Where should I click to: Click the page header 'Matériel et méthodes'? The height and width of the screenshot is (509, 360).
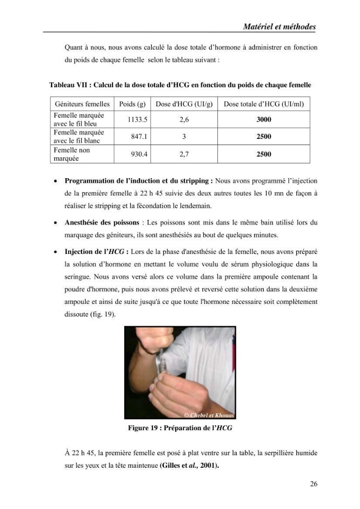[279, 26]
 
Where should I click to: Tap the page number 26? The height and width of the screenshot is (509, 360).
[314, 484]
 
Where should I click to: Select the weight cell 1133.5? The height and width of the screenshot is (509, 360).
[137, 120]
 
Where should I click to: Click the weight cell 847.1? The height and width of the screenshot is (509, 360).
[139, 136]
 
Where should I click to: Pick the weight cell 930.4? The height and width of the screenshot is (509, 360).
[139, 154]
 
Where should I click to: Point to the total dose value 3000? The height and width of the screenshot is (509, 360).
[264, 120]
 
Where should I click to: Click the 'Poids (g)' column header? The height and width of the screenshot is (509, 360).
[132, 104]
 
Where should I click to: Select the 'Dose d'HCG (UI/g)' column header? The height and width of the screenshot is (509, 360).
[184, 104]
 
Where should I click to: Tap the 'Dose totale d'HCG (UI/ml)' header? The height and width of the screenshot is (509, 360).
[264, 104]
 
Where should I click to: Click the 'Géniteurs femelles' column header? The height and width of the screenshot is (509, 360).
[82, 104]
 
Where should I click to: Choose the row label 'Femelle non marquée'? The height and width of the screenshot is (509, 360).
[72, 154]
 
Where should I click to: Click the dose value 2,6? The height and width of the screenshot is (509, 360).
[184, 120]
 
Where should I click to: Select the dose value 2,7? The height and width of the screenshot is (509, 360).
[184, 154]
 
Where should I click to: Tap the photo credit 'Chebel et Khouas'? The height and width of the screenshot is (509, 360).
[212, 415]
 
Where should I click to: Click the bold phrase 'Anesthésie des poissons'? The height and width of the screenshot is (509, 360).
[102, 223]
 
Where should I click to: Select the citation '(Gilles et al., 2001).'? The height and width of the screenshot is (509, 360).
[189, 466]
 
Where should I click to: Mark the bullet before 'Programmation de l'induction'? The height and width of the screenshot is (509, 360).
[56, 181]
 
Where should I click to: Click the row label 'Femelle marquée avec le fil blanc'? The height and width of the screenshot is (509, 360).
[79, 136]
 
